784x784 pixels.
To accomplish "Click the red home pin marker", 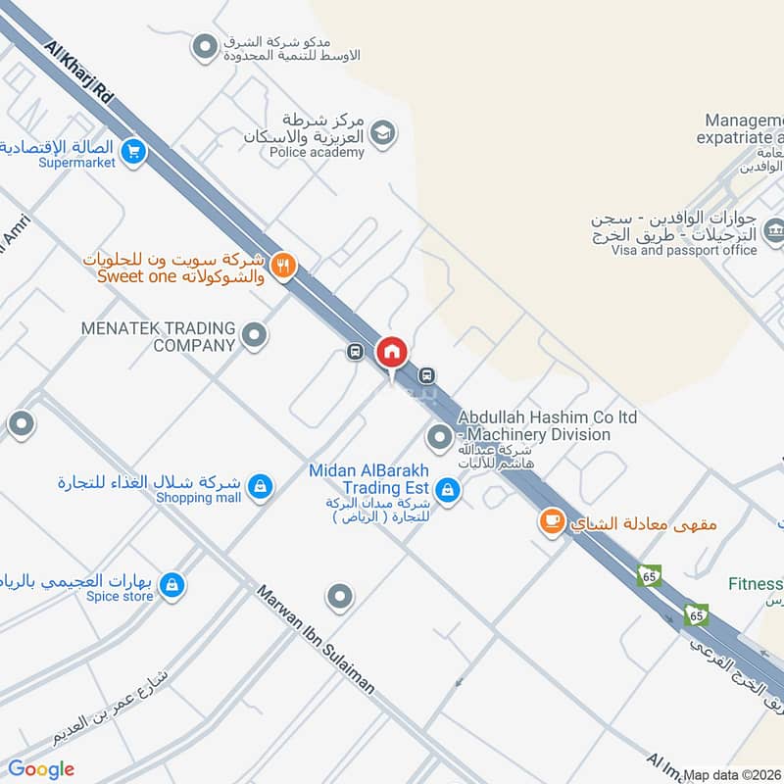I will tap(392, 352).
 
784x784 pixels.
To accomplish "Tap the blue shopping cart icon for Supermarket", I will tap(135, 152).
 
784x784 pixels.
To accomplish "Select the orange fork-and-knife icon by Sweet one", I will tap(284, 265).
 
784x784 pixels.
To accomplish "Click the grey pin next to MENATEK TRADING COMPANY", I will tap(255, 336).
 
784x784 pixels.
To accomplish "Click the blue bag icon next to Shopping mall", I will tap(260, 486).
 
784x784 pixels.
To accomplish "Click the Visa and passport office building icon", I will tap(774, 231).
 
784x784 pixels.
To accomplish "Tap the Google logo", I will tap(41, 769).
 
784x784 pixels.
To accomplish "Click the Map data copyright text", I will tap(732, 774).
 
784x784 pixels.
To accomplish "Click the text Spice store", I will tap(121, 596).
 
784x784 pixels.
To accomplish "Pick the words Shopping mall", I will tap(198, 498).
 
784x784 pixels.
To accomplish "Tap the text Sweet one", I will tap(136, 276).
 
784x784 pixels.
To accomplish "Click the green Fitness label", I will tap(755, 584).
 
